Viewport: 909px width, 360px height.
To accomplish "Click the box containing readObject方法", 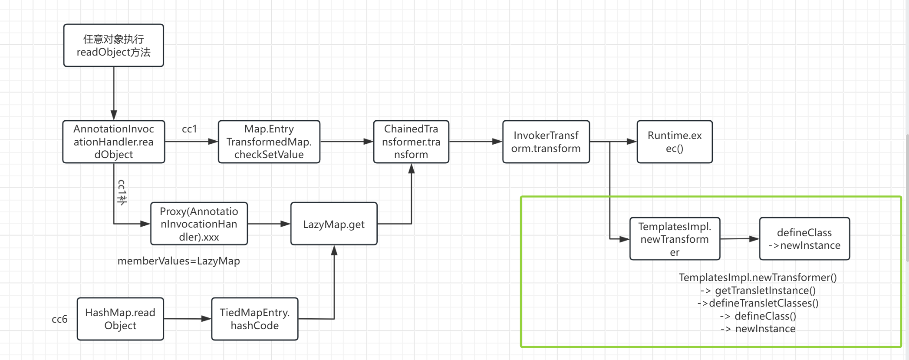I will point(113,46).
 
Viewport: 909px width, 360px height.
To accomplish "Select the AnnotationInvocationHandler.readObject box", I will point(113,142).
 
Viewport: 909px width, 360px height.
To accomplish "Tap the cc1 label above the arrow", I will point(189,129).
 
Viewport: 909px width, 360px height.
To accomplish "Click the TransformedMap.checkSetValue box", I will point(269,142).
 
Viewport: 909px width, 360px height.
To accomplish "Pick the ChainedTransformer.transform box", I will point(411,142).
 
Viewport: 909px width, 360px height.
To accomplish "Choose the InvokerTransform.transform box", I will point(546,142).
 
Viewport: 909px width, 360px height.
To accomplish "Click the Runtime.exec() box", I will point(674,142).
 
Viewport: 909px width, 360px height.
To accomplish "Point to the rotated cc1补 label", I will point(122,192).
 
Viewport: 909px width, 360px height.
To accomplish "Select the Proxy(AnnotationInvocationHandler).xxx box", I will point(199,224).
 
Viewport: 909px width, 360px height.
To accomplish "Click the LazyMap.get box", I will point(333,224).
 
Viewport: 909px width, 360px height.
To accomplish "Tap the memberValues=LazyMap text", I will point(178,261).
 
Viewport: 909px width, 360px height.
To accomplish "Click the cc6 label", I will point(59,319).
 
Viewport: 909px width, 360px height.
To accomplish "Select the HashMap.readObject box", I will point(120,319).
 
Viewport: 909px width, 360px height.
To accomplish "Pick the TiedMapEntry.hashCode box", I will point(254,319).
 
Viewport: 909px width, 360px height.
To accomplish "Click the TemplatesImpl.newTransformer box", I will point(674,239).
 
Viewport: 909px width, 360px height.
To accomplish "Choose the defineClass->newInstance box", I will point(804,239).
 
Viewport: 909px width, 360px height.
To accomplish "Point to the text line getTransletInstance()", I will point(758,291).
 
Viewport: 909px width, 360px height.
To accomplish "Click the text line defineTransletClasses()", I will point(758,303).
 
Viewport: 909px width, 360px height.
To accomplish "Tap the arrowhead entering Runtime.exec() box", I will point(632,142).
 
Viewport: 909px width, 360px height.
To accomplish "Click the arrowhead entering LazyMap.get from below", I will point(334,250).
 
